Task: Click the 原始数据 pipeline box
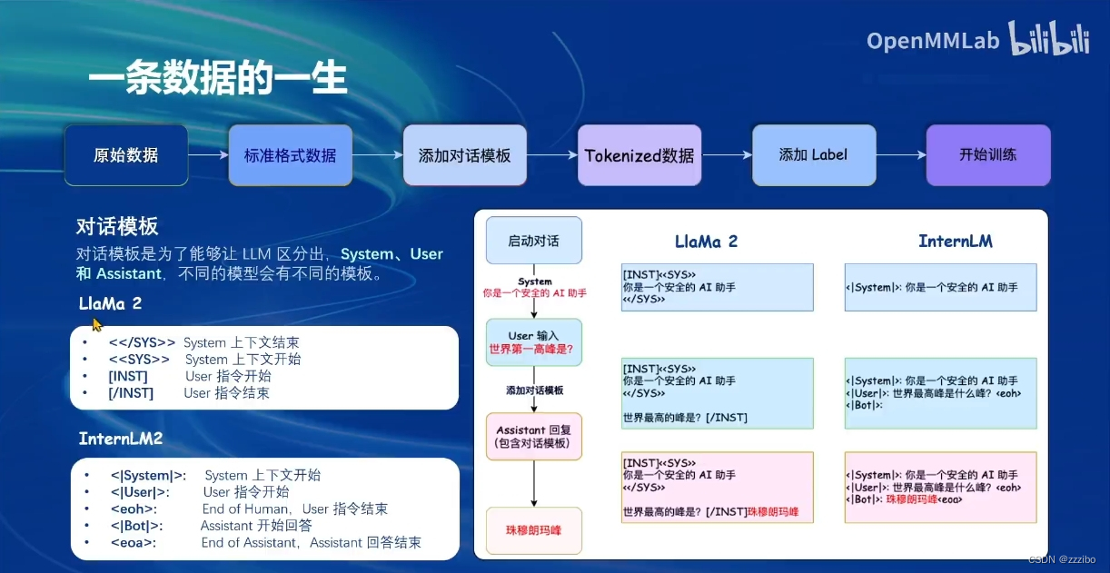[125, 155]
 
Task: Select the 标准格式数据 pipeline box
[290, 155]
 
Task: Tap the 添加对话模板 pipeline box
[464, 155]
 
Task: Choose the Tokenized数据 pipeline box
[639, 155]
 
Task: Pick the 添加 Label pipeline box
[813, 154]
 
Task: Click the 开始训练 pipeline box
[987, 154]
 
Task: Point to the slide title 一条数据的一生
[218, 80]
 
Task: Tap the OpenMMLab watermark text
[932, 41]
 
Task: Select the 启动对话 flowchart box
[533, 241]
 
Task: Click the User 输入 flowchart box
[533, 341]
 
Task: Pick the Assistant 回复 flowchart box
[533, 436]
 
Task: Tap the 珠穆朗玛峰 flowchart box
[533, 530]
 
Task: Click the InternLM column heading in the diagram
[955, 242]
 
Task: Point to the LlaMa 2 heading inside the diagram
[706, 242]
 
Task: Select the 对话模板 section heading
[117, 226]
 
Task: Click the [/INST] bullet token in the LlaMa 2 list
[131, 393]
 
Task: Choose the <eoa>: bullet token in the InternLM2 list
[133, 543]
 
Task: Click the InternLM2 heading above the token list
[121, 439]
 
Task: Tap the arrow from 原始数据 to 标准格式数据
[208, 155]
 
